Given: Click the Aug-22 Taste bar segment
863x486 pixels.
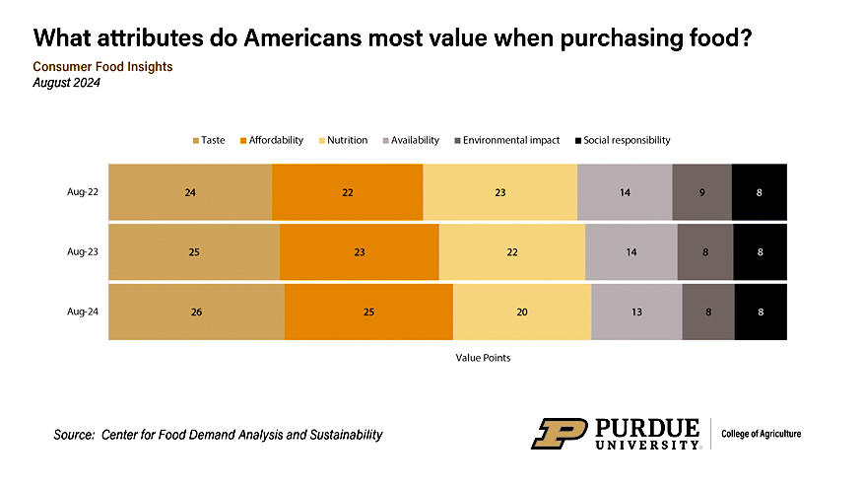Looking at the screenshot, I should tap(189, 192).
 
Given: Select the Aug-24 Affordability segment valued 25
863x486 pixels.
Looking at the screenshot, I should tap(368, 312).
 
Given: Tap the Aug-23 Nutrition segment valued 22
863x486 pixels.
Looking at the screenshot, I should tap(512, 252).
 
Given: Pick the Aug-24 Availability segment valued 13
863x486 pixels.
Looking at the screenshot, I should tap(636, 312).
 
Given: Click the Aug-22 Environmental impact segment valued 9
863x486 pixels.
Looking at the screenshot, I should tap(701, 192).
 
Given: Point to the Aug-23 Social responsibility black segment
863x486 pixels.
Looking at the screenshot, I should tap(760, 252).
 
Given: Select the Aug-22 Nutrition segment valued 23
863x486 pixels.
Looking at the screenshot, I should tap(500, 192).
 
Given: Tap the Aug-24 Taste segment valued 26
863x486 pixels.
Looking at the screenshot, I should tap(196, 312).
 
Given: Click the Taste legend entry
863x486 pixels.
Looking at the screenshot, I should tap(209, 140).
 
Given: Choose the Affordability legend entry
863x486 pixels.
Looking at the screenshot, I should tap(271, 140).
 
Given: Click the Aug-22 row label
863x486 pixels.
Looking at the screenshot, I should tap(82, 192).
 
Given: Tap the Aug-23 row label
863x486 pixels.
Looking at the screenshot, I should tap(82, 252).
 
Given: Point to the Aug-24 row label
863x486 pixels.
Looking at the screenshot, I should tap(82, 312).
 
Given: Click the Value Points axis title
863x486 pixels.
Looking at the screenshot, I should tap(483, 358).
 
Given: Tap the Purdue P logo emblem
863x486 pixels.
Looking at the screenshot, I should tap(560, 434).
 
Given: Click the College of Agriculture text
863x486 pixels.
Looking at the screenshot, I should tap(762, 434).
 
